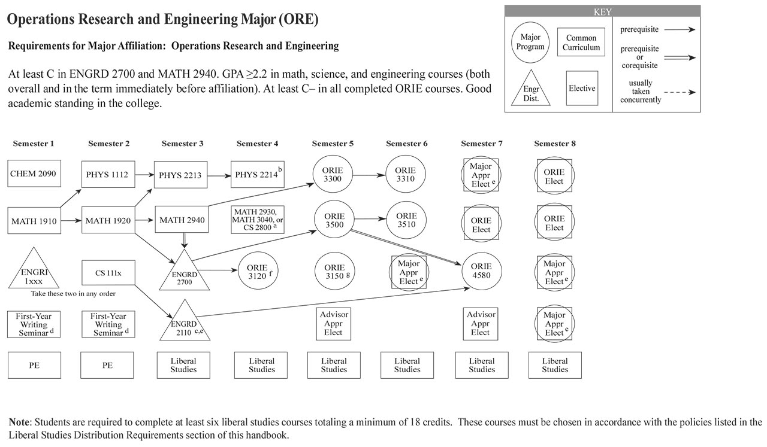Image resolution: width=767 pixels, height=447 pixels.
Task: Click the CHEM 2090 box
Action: [33, 174]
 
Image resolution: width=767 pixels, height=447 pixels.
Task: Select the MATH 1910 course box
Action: [34, 221]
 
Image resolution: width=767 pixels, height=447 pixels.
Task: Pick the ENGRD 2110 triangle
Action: [185, 324]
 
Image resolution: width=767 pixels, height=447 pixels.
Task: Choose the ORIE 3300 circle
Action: [334, 174]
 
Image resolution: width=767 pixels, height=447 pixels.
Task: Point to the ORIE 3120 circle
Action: [258, 271]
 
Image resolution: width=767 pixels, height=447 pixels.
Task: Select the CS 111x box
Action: [108, 273]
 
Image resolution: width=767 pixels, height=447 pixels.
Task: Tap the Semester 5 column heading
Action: [333, 144]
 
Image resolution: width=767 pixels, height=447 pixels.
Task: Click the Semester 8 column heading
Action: [555, 144]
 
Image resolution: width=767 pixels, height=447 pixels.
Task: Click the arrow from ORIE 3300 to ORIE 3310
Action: [370, 175]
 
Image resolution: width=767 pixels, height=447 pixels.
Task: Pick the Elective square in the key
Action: [582, 89]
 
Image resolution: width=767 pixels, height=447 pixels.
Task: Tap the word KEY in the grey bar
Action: [602, 11]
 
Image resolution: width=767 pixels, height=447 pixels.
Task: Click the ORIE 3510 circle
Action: [406, 220]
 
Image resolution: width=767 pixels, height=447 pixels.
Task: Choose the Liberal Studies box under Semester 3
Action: [183, 365]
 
